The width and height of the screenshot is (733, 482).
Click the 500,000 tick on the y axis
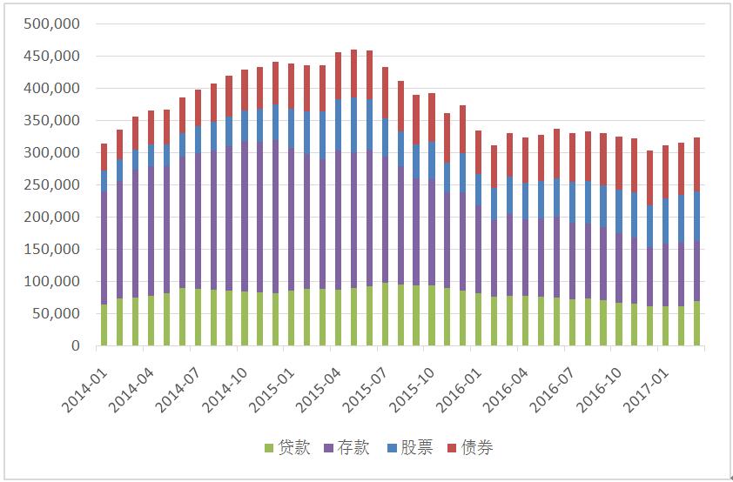pos(55,24)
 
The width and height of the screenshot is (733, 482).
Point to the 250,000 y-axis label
pos(55,185)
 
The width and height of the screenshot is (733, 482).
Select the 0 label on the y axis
pos(76,346)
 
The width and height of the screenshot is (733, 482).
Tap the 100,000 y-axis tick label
pos(55,282)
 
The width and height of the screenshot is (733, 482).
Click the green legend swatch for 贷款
pos(269,448)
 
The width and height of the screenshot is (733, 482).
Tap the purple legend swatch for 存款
pos(330,448)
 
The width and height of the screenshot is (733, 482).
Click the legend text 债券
pos(477,448)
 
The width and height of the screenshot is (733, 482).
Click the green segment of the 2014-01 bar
pos(104,325)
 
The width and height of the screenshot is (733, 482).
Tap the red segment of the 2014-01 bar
pos(104,157)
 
